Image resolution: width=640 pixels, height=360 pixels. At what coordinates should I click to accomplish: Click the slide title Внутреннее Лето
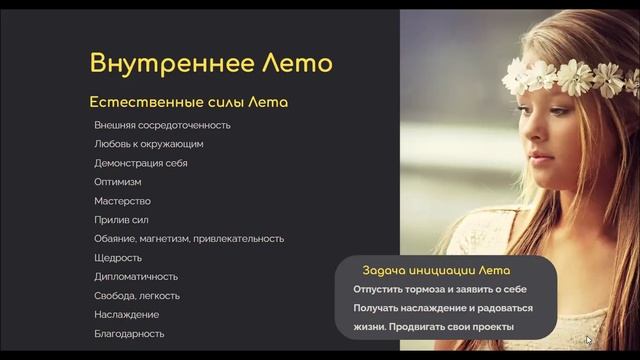pos(210,63)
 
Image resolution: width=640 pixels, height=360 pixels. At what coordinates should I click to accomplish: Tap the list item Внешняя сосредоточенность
pos(162,125)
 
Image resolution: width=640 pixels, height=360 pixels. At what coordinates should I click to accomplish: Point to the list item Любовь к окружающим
pos(148,144)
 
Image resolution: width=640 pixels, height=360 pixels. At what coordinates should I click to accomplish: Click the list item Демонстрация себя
pos(140,163)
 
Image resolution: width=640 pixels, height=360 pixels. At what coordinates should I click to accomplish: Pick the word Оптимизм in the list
pos(118,182)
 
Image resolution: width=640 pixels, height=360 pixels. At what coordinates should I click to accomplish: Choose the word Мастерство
pos(122,201)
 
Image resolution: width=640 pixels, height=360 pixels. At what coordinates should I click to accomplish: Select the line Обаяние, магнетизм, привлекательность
pos(189,239)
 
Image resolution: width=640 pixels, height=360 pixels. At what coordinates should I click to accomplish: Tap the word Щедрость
pos(118,258)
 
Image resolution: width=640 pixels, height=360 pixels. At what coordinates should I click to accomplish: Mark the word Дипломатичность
pos(136,277)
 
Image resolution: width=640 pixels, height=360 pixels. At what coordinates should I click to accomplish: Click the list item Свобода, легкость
pos(136,296)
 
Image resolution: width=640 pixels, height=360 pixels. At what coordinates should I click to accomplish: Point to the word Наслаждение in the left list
pos(126,315)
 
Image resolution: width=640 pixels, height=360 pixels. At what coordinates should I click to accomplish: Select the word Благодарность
pos(129,334)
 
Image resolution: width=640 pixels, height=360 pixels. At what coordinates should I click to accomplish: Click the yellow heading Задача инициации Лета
pos(436,271)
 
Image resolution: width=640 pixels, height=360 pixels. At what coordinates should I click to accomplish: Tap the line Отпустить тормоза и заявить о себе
pos(441,290)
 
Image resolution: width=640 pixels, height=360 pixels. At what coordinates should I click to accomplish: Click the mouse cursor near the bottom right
pos(589,341)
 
